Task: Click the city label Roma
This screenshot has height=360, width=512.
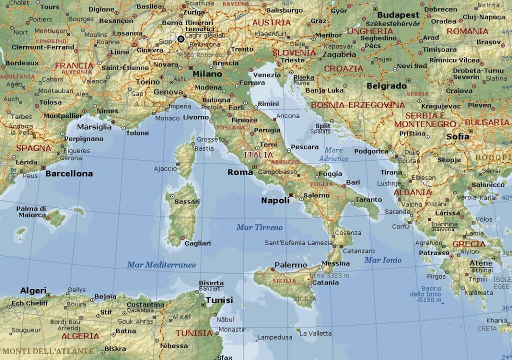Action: click(240, 172)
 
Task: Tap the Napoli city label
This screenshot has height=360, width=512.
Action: click(275, 200)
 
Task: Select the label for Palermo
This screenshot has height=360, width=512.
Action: click(290, 265)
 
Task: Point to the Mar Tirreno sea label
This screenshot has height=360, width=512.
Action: click(259, 227)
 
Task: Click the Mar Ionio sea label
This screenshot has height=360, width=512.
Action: click(383, 260)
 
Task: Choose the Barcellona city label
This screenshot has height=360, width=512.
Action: click(69, 174)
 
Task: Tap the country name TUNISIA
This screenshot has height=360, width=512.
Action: click(194, 333)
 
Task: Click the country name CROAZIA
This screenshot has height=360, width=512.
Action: click(344, 68)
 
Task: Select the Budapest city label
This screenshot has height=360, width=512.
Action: click(398, 15)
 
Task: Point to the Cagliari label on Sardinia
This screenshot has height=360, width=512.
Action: click(197, 243)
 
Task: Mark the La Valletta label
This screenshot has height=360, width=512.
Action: click(315, 333)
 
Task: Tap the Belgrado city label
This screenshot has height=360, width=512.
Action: click(386, 86)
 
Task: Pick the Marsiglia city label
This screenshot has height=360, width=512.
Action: click(94, 127)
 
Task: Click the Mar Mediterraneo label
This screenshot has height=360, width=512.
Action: click(161, 265)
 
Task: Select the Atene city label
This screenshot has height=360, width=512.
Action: click(481, 263)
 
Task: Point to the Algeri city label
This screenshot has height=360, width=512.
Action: click(33, 290)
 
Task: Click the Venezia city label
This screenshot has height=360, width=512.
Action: click(267, 75)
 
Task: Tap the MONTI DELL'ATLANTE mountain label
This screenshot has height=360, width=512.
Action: click(47, 351)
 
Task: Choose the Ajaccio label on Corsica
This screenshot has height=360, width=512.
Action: click(165, 168)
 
